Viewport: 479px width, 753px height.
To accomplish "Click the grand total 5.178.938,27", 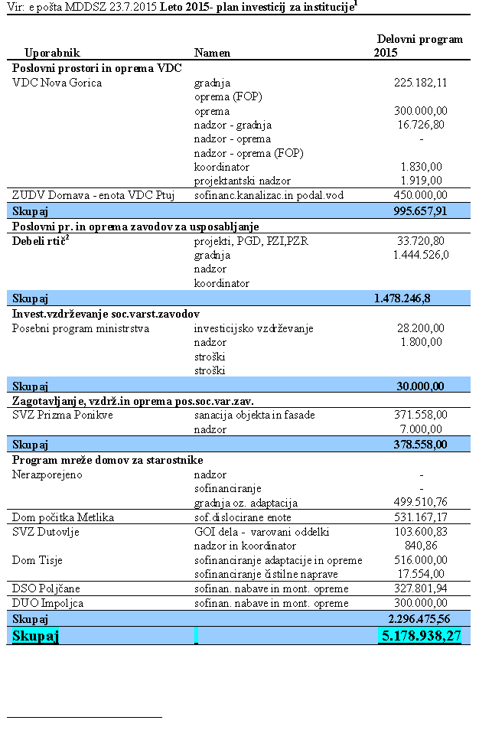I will click(420, 635).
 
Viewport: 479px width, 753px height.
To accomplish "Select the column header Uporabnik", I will click(52, 53).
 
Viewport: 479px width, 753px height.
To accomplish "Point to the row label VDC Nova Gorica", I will click(57, 83).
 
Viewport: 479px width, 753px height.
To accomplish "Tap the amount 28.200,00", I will click(420, 328).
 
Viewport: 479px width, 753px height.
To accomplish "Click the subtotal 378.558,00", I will click(416, 444).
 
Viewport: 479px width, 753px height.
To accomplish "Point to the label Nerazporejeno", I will click(47, 474).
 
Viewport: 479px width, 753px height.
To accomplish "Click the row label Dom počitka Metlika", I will click(64, 517).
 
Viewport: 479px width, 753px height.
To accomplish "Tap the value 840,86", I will click(429, 546).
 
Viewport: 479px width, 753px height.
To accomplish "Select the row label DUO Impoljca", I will click(48, 603).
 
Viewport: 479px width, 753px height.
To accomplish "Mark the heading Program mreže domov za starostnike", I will click(107, 460).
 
